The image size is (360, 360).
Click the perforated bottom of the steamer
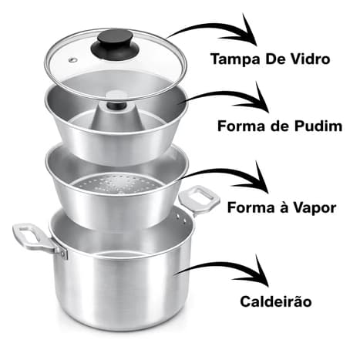(x=116, y=183)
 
